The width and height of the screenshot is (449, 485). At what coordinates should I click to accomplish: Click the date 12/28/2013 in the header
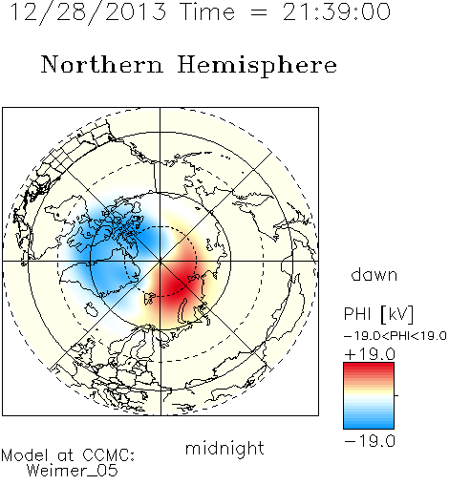coord(88,12)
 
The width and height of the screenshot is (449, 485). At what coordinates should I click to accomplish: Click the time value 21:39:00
coord(336,11)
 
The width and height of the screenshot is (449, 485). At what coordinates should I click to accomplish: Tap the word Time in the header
coord(207,11)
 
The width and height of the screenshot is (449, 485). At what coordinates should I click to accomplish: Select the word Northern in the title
coord(102,64)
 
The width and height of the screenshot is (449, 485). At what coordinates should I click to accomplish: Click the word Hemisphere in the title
coord(257,66)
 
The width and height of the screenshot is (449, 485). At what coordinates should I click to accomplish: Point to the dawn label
coord(374,274)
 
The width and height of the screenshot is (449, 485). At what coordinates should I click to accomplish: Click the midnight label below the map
coord(224,448)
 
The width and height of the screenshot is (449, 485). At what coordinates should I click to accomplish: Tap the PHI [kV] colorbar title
coord(378,314)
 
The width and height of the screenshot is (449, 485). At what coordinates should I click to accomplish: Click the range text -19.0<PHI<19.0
coord(395,336)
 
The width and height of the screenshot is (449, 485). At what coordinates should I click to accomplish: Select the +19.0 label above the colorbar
coord(370,354)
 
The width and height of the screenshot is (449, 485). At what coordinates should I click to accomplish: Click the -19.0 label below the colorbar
coord(370,441)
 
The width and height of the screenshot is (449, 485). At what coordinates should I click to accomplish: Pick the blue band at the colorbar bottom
coord(369,423)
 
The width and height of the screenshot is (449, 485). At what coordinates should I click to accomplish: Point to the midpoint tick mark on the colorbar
coord(396,395)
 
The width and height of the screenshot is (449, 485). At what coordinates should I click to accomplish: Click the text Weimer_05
coord(73,471)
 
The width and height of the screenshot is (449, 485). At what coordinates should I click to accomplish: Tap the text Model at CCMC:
coord(68,455)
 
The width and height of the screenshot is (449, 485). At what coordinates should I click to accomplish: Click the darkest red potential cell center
coord(174,285)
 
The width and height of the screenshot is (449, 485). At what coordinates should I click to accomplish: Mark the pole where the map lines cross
coord(160,262)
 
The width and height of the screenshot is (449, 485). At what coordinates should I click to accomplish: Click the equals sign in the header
coord(259,12)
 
